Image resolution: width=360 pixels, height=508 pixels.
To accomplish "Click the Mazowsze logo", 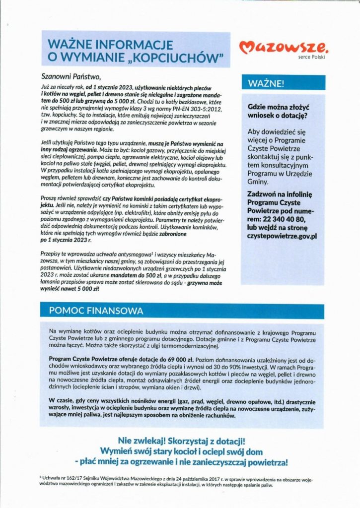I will tap(284, 48).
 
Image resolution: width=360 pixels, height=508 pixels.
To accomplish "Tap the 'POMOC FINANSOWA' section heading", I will tap(96, 311).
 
